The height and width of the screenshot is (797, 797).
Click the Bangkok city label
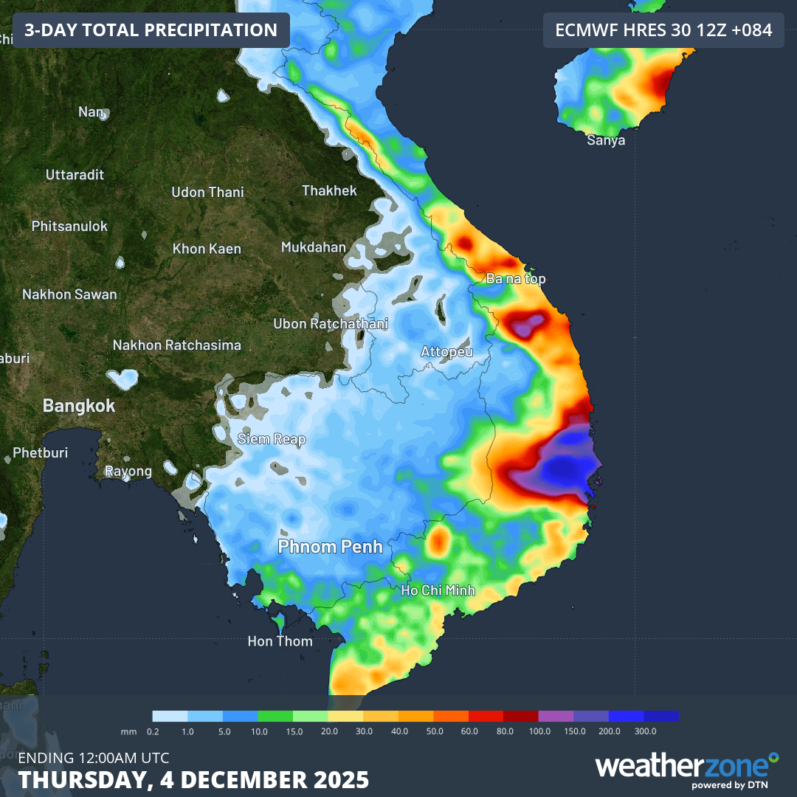tap(79, 405)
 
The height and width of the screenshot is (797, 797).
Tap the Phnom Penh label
tap(331, 547)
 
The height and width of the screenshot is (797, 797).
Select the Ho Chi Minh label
tap(438, 590)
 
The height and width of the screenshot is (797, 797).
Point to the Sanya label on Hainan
tap(606, 140)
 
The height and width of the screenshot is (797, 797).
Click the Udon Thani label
tap(207, 193)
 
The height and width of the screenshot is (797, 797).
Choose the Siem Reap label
tap(272, 439)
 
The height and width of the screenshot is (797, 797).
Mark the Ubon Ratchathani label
tap(331, 323)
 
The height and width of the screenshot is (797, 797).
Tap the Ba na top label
tap(516, 279)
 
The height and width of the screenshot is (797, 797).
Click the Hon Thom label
tap(280, 641)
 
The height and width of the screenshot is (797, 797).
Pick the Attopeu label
tap(446, 352)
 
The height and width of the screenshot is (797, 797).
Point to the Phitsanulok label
tap(69, 227)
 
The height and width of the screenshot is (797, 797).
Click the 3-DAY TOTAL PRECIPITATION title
tap(151, 30)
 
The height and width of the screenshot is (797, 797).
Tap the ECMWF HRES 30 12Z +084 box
tap(663, 30)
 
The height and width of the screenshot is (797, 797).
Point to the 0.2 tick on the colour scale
tap(153, 731)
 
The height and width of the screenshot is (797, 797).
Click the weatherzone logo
tap(687, 767)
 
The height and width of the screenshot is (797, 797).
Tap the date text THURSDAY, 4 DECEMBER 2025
tap(193, 779)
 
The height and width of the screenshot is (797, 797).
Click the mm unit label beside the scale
tap(129, 731)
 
